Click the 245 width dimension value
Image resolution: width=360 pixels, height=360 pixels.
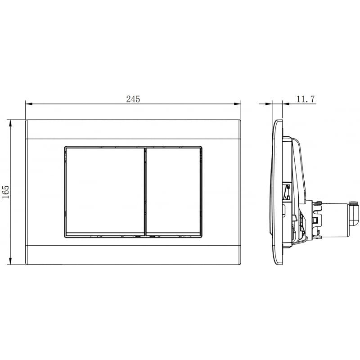[133, 99]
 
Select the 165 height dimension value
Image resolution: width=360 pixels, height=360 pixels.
[5, 192]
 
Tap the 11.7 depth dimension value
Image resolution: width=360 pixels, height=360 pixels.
[306, 99]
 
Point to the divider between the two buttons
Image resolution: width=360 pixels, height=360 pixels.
[145, 191]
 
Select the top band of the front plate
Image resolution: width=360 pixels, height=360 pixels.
[133, 129]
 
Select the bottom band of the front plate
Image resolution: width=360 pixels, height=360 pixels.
[133, 255]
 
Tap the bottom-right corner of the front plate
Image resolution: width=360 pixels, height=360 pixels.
[240, 264]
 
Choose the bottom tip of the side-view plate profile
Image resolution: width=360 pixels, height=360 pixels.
[279, 264]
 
